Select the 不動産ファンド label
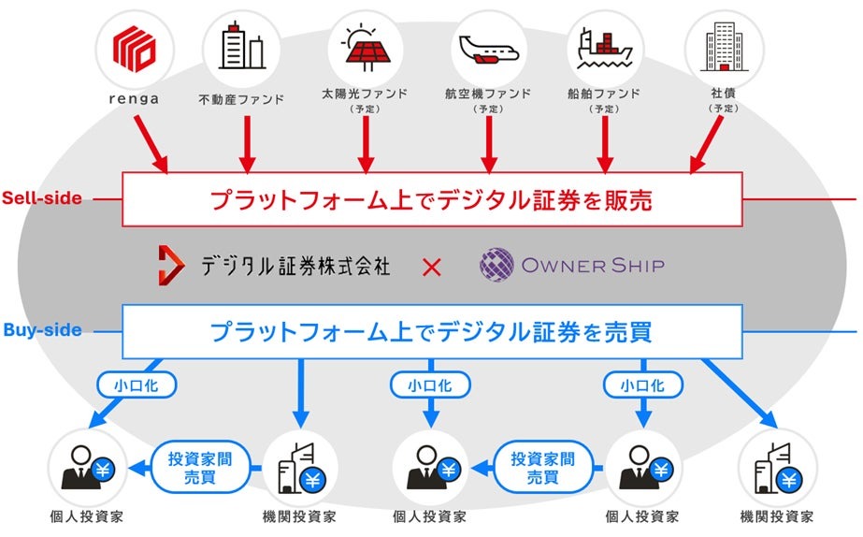pos(241,96)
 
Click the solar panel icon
pos(365,48)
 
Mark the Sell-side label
pos(41,198)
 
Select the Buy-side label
pos(42,330)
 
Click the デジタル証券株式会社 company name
pos(295,265)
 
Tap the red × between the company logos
pos(432,267)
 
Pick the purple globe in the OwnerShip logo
pos(496,265)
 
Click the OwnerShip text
pos(591,265)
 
